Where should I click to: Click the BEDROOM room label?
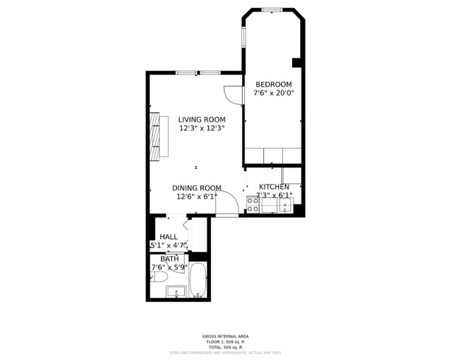pos(273,84)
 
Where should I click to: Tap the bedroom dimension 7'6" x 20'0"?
pos(274,94)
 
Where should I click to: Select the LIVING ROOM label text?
pos(202,120)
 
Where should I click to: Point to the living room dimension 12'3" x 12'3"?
pos(202,129)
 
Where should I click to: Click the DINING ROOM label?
pos(196,188)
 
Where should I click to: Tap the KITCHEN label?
pos(274,187)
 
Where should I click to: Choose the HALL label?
pos(169,236)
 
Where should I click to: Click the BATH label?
pos(170,258)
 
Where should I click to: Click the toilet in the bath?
pos(159,277)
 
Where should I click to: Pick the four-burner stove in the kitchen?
pos(252,204)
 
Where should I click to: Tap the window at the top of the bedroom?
pos(271,10)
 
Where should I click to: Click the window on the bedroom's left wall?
pos(243,37)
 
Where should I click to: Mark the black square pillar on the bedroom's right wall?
pos(297,62)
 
